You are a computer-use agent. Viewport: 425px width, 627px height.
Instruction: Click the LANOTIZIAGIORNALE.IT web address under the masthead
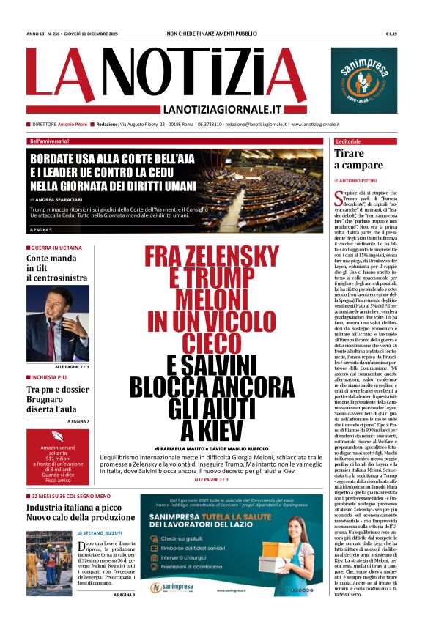click(x=223, y=109)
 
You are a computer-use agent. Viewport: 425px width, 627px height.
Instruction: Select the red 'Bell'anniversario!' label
click(x=50, y=141)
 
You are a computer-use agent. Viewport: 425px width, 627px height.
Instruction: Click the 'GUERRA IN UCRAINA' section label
click(x=56, y=248)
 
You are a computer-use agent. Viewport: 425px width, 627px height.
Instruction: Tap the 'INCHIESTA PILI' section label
click(x=50, y=376)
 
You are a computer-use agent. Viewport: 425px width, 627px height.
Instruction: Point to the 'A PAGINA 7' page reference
click(x=78, y=421)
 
